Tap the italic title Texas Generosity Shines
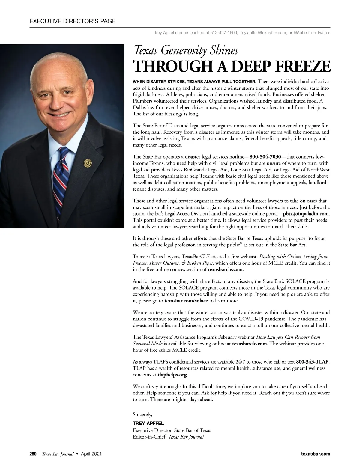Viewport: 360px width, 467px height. pyautogui.click(x=186, y=50)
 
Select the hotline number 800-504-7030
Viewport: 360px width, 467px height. pyautogui.click(x=265, y=157)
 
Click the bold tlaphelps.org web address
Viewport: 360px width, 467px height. pyautogui.click(x=172, y=375)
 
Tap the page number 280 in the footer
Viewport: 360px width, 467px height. pyautogui.click(x=33, y=454)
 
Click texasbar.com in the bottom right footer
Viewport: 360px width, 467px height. pyautogui.click(x=316, y=454)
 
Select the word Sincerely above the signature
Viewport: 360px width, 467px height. pyautogui.click(x=142, y=415)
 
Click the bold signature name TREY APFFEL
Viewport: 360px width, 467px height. pyautogui.click(x=148, y=424)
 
